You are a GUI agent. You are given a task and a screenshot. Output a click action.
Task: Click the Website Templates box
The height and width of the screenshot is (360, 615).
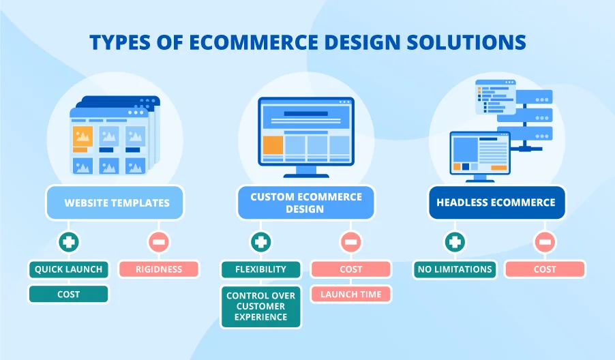(x=116, y=202)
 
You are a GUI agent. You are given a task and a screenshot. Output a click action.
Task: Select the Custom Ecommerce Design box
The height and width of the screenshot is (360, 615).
(x=305, y=202)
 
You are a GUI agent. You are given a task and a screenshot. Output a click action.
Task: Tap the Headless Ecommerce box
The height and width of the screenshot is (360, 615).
(x=496, y=202)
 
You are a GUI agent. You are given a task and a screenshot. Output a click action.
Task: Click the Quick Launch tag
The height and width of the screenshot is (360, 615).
(x=68, y=269)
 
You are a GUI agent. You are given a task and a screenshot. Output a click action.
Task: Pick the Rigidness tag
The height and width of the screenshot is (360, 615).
(x=158, y=269)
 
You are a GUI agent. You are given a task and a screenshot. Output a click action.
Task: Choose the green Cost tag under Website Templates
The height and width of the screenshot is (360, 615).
(x=68, y=295)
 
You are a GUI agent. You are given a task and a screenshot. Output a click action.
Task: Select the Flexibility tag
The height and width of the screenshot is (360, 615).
(x=260, y=269)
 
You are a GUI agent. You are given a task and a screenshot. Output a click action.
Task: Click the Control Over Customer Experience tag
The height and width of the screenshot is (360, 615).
(x=260, y=307)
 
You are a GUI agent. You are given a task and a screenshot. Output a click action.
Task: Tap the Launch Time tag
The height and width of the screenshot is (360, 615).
(x=351, y=295)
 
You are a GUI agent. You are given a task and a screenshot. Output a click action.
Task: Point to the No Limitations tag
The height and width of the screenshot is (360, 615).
(x=453, y=269)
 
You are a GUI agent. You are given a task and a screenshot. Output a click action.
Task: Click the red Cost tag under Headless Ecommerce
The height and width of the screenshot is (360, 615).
(x=545, y=269)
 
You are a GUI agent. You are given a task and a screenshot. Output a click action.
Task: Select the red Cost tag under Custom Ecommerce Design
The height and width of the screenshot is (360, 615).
(x=351, y=269)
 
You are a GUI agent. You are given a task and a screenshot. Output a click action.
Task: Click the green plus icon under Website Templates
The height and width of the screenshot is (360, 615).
(x=69, y=241)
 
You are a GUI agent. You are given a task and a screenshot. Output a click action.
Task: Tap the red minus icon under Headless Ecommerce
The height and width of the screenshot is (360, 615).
(x=544, y=241)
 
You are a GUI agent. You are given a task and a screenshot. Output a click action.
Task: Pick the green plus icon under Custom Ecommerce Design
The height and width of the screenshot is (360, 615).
(x=260, y=241)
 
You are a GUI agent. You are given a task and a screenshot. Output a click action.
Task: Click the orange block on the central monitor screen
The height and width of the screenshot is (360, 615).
(x=273, y=145)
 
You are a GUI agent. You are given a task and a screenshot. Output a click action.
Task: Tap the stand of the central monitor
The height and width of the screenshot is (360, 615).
(x=305, y=170)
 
